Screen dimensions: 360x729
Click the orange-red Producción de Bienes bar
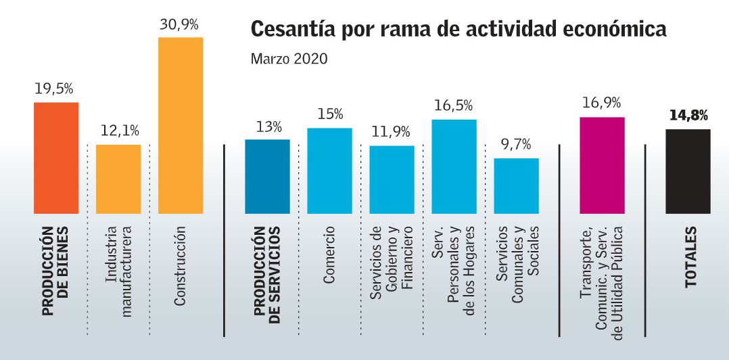[56, 158]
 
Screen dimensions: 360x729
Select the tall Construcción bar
[180, 125]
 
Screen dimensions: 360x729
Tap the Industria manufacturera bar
[118, 179]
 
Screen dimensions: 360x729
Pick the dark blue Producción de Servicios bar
[267, 176]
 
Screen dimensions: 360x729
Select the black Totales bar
[688, 171]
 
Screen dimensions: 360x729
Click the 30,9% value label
[179, 26]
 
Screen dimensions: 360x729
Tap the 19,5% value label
[55, 89]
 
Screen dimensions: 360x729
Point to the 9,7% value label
[516, 145]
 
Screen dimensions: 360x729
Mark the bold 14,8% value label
[688, 116]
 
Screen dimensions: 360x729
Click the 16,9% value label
[601, 104]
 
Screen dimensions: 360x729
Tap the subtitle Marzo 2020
[289, 59]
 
